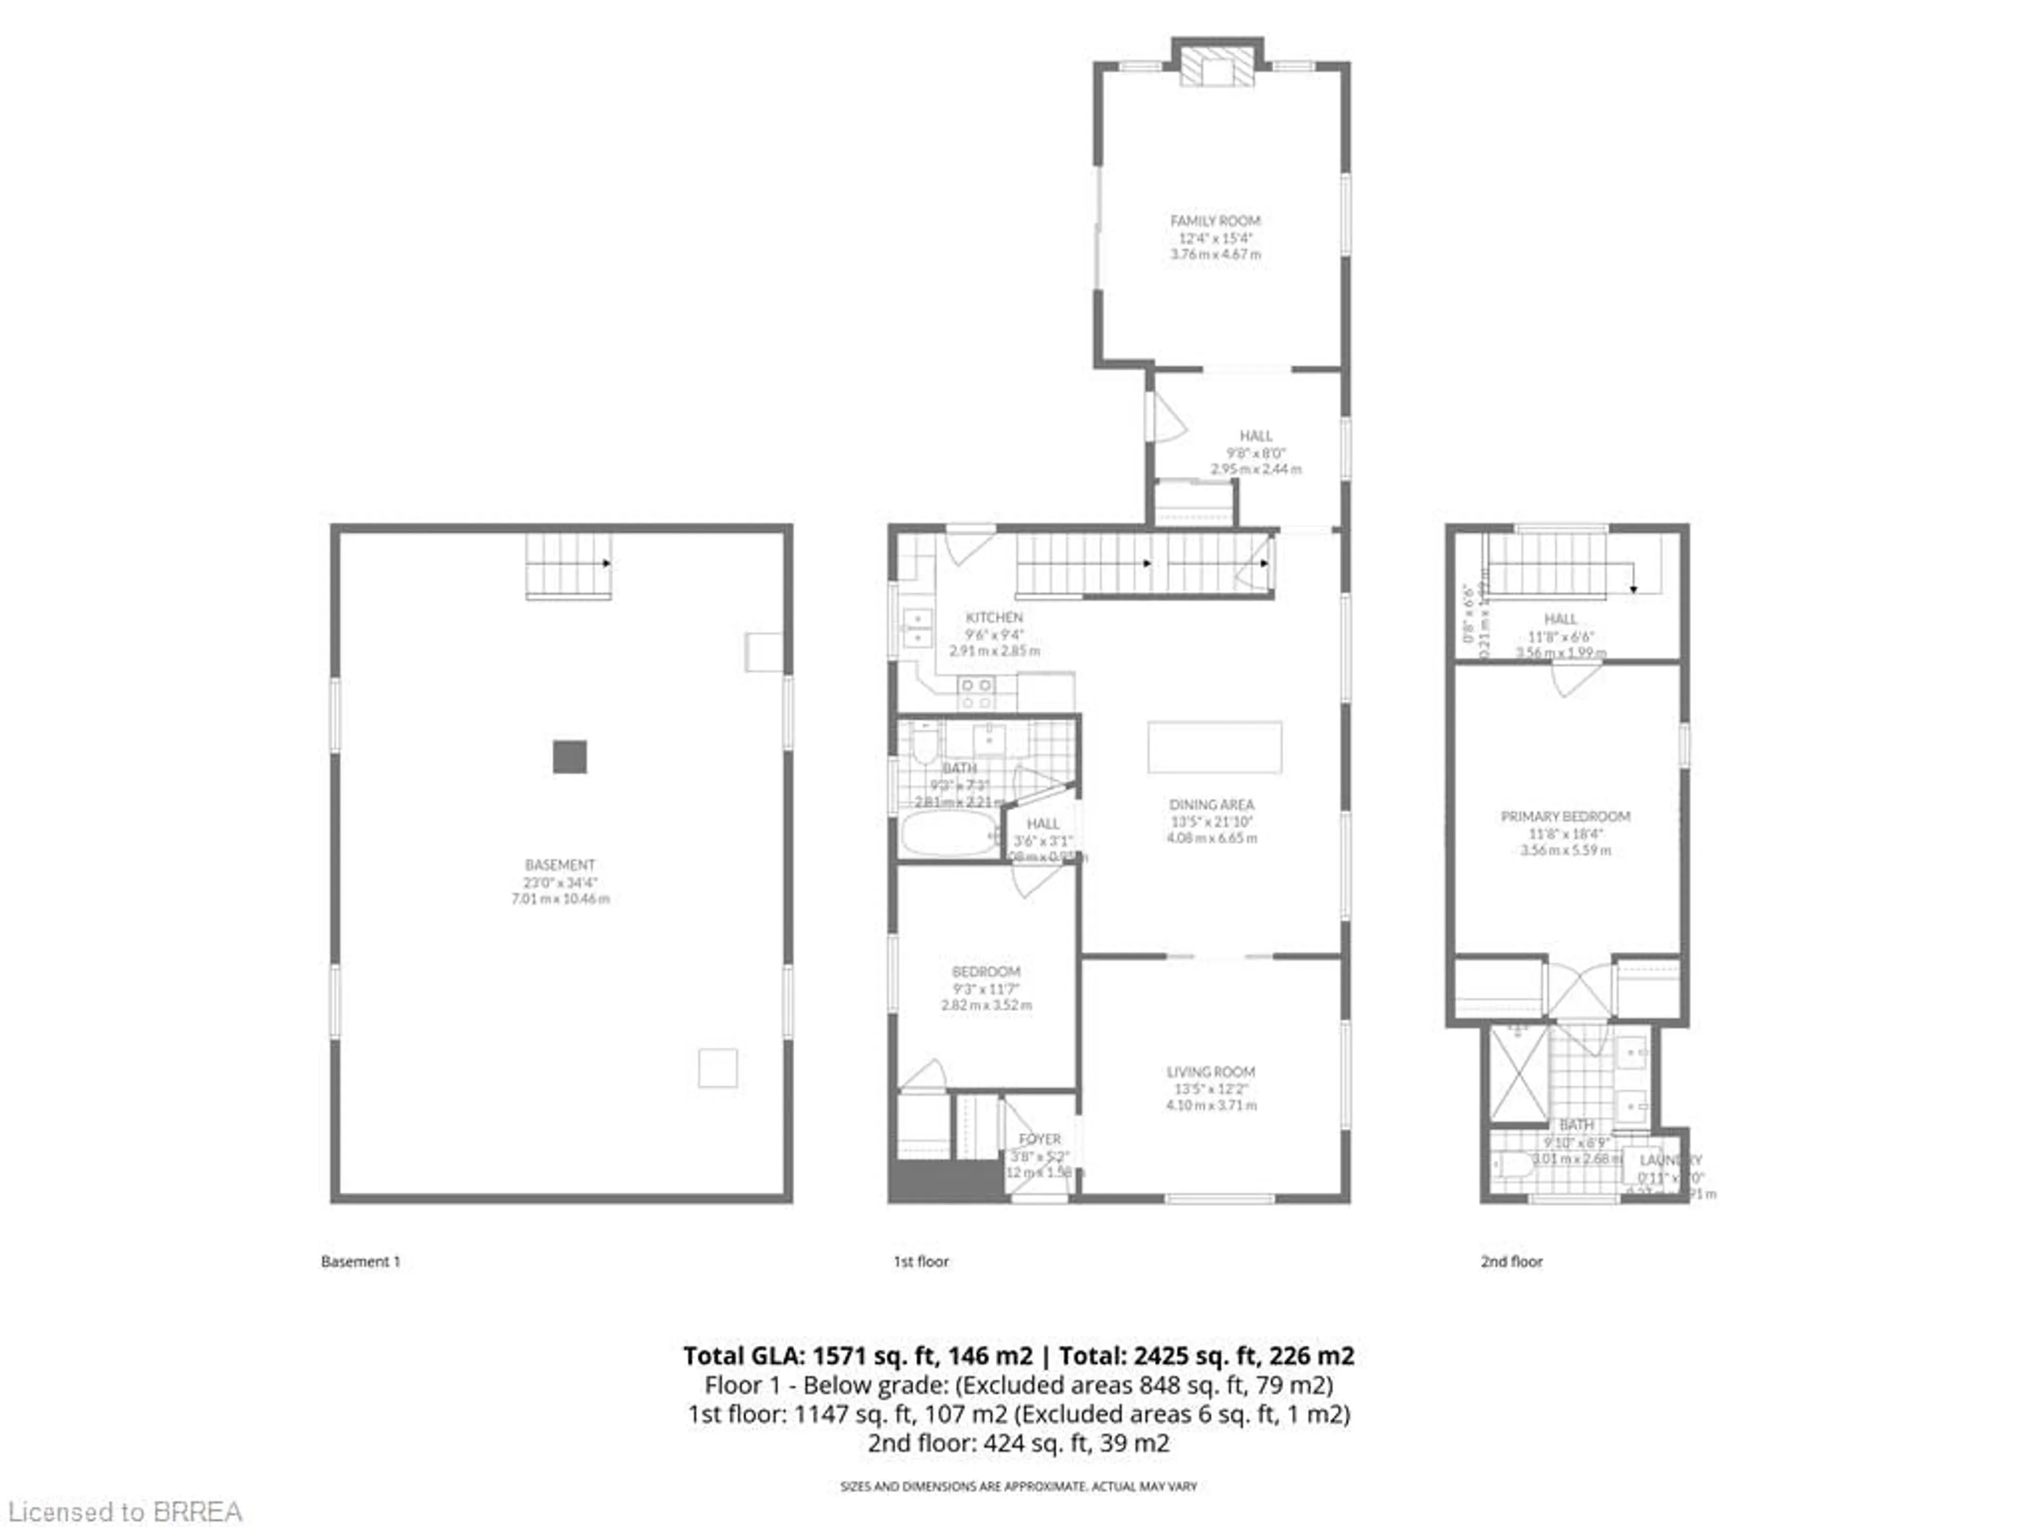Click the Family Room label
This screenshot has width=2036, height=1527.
1215,221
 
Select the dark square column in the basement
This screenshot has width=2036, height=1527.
570,757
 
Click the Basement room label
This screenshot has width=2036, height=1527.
559,865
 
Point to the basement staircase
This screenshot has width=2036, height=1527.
568,565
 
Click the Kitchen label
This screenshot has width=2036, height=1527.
994,618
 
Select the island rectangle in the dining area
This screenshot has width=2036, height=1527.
1214,747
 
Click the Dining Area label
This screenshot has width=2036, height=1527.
1212,804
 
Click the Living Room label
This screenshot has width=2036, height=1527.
1210,1072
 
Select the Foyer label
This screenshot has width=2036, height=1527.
1039,1139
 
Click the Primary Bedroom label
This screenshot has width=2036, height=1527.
1565,817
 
